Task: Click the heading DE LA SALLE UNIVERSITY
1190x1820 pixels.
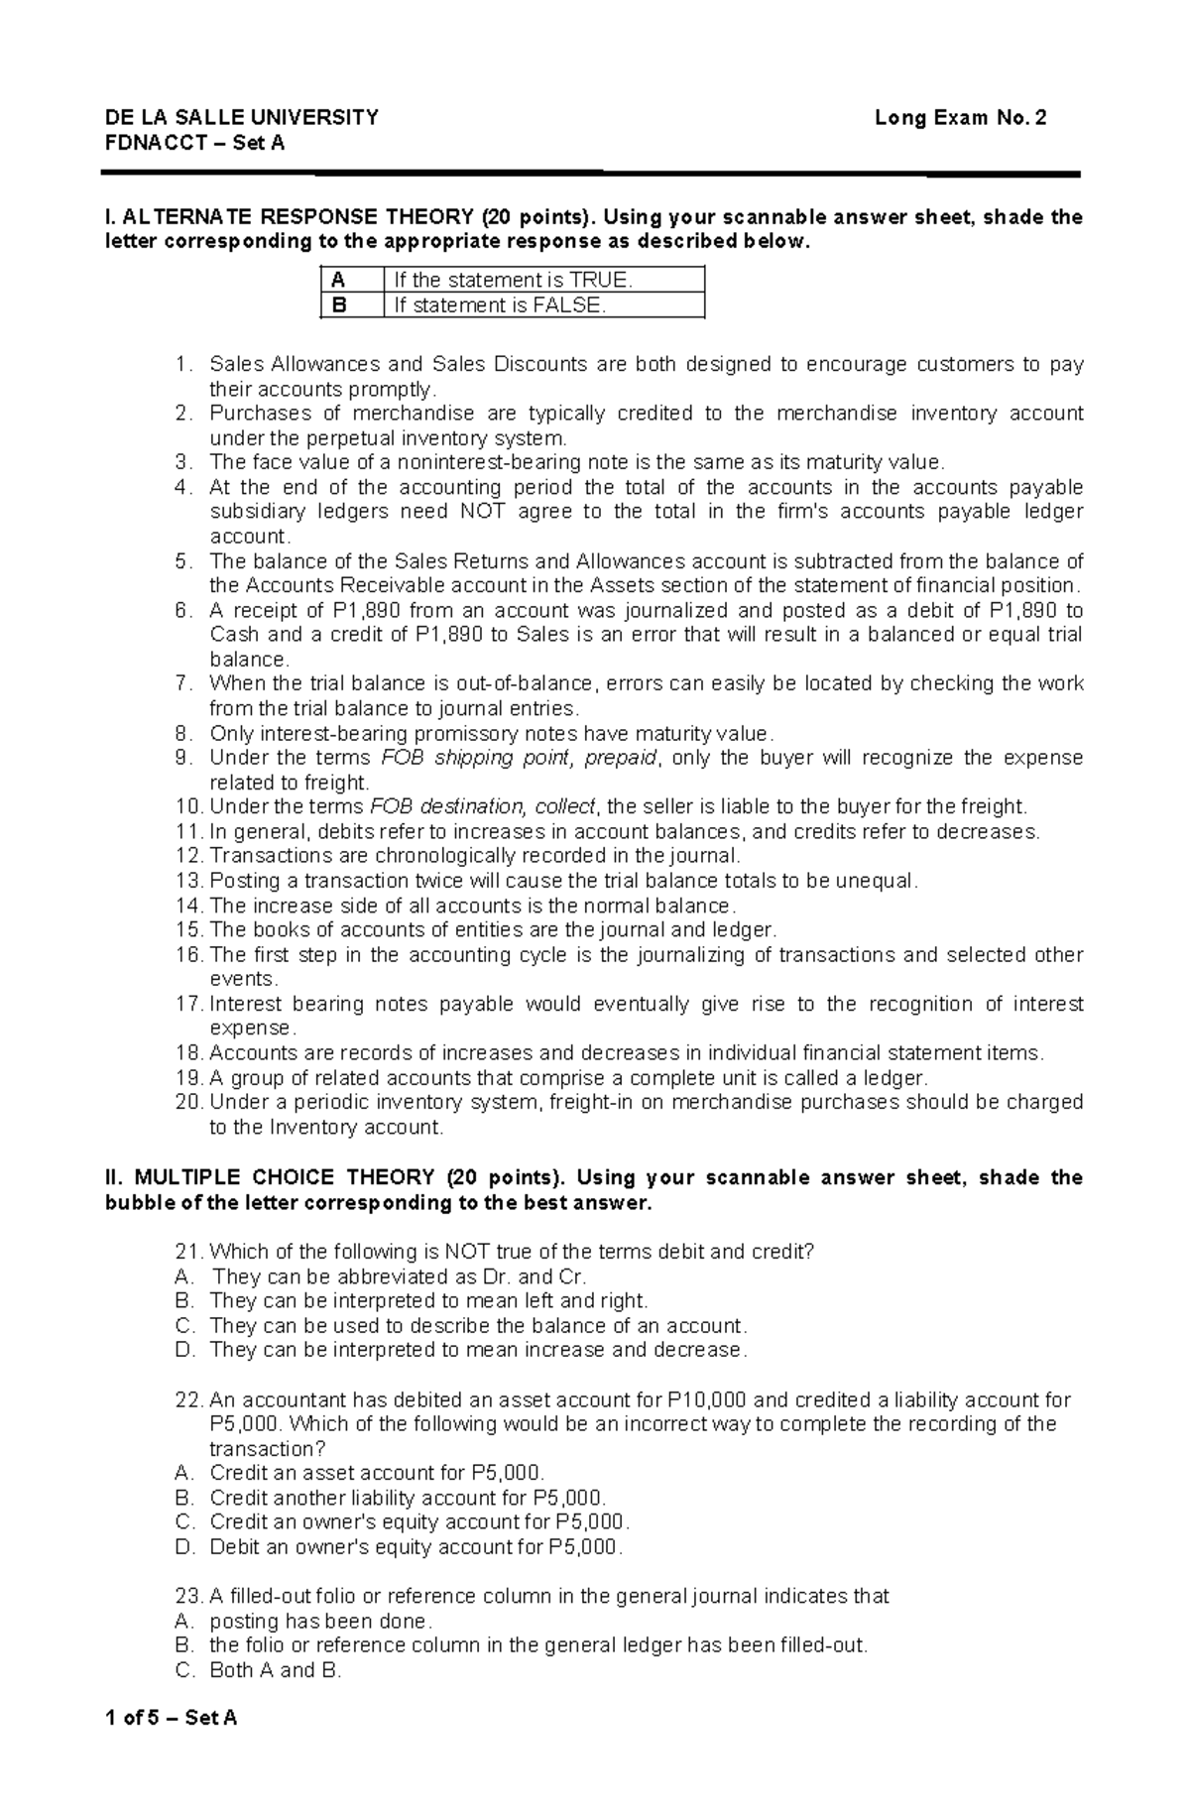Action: pos(242,118)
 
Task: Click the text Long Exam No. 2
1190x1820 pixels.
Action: pos(960,118)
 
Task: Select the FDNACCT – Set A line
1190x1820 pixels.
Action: pos(194,143)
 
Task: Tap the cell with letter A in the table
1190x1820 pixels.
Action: pos(339,280)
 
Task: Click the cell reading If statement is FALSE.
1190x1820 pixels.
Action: pos(500,305)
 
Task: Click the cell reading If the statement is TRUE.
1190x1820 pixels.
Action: pos(513,280)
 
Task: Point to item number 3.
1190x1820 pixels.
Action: pos(181,462)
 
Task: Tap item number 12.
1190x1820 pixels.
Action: pos(187,856)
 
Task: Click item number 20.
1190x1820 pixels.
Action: pos(187,1103)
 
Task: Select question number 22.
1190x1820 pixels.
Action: pos(187,1400)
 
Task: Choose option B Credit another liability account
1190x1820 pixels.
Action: pos(407,1498)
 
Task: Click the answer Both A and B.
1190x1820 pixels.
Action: pos(275,1670)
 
